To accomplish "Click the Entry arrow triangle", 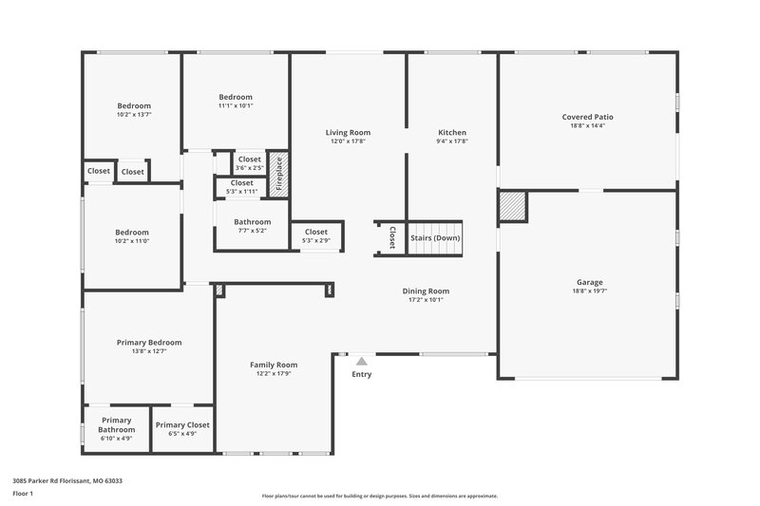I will [x=361, y=361].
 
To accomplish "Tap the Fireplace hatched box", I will [x=278, y=174].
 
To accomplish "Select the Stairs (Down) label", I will [x=434, y=238].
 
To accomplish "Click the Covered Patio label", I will [x=588, y=118].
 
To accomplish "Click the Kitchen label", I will [x=452, y=133].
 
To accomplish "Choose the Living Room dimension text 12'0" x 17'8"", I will [x=348, y=141].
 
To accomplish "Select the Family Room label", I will [x=274, y=365].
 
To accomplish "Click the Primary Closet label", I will [x=182, y=424].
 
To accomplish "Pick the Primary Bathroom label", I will [x=116, y=424].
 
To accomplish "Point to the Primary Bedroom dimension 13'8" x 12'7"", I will [x=149, y=351].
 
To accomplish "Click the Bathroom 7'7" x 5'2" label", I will [x=253, y=222].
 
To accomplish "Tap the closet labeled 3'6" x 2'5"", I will [x=250, y=159].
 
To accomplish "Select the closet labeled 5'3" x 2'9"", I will [x=316, y=232].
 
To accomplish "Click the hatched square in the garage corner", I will [x=513, y=207].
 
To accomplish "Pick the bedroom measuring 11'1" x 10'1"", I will [x=236, y=97].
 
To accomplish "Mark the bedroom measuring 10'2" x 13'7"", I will [x=134, y=106].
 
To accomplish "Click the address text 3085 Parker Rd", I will [x=66, y=480].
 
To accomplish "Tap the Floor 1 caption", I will [x=23, y=494].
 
